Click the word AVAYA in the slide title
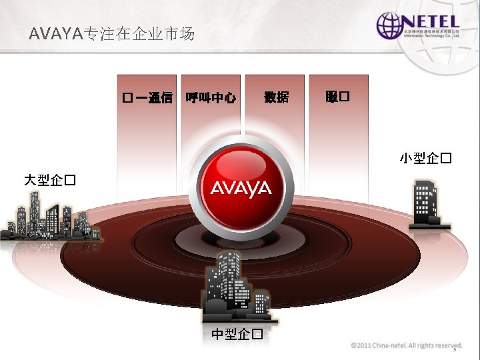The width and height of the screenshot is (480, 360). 53,34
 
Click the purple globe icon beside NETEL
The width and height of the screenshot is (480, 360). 388,25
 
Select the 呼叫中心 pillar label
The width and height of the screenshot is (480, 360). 211,98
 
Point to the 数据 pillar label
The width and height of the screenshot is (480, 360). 277,97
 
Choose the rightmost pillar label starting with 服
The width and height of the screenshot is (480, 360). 337,97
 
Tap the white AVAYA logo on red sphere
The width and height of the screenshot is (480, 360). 241,189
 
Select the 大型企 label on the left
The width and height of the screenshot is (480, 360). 49,180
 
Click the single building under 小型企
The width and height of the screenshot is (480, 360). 425,204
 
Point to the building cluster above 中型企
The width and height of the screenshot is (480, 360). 237,287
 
